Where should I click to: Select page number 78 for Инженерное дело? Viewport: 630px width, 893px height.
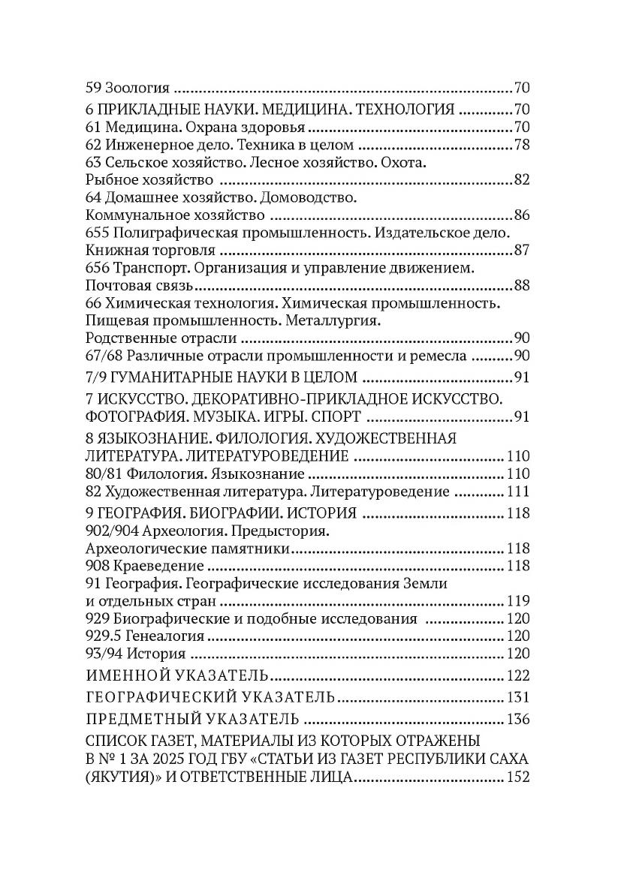(522, 144)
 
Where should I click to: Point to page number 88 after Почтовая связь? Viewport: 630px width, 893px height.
(522, 286)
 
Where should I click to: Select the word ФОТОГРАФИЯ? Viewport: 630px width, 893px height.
(132, 416)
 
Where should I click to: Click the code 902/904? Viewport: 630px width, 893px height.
(110, 532)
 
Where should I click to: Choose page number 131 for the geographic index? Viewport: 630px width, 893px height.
(519, 696)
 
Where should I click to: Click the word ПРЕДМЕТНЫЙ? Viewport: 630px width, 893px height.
(146, 719)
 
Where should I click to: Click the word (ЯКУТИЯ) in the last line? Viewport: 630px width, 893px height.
(120, 777)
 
